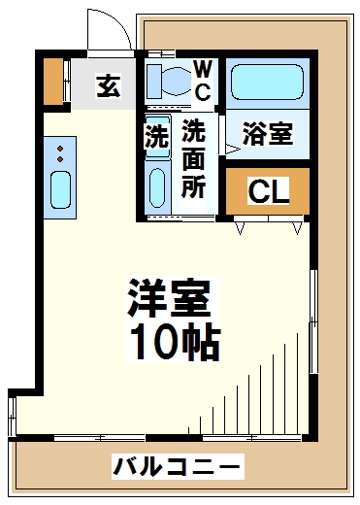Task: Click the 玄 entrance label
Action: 109,85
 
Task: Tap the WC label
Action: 203,81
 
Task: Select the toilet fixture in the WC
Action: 168,82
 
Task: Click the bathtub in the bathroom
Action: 267,83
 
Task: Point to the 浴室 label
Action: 268,133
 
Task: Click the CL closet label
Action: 268,191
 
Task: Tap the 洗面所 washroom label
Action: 193,158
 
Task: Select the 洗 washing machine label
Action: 157,136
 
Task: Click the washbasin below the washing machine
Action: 157,187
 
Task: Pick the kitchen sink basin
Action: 60,189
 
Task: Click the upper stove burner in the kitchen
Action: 60,149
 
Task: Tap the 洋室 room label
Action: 170,298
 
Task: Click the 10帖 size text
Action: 175,342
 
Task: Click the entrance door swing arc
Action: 116,22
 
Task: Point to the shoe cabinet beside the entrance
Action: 53,82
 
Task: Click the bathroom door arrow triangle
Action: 233,149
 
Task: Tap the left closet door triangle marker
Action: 240,228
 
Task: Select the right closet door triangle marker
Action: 297,228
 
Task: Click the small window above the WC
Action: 161,53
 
